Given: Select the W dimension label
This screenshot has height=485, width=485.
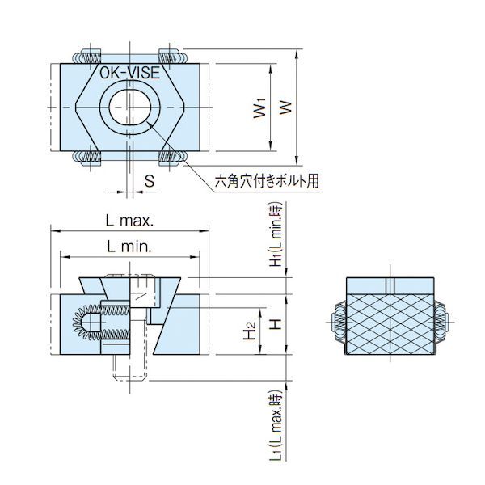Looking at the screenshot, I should pyautogui.click(x=285, y=108).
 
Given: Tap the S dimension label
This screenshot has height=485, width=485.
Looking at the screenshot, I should pyautogui.click(x=150, y=182).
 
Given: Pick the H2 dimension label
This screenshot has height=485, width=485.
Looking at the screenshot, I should pyautogui.click(x=251, y=331).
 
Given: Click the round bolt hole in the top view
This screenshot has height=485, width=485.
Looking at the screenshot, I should pyautogui.click(x=129, y=108).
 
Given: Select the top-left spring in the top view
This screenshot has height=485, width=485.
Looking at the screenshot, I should pyautogui.click(x=86, y=57).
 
